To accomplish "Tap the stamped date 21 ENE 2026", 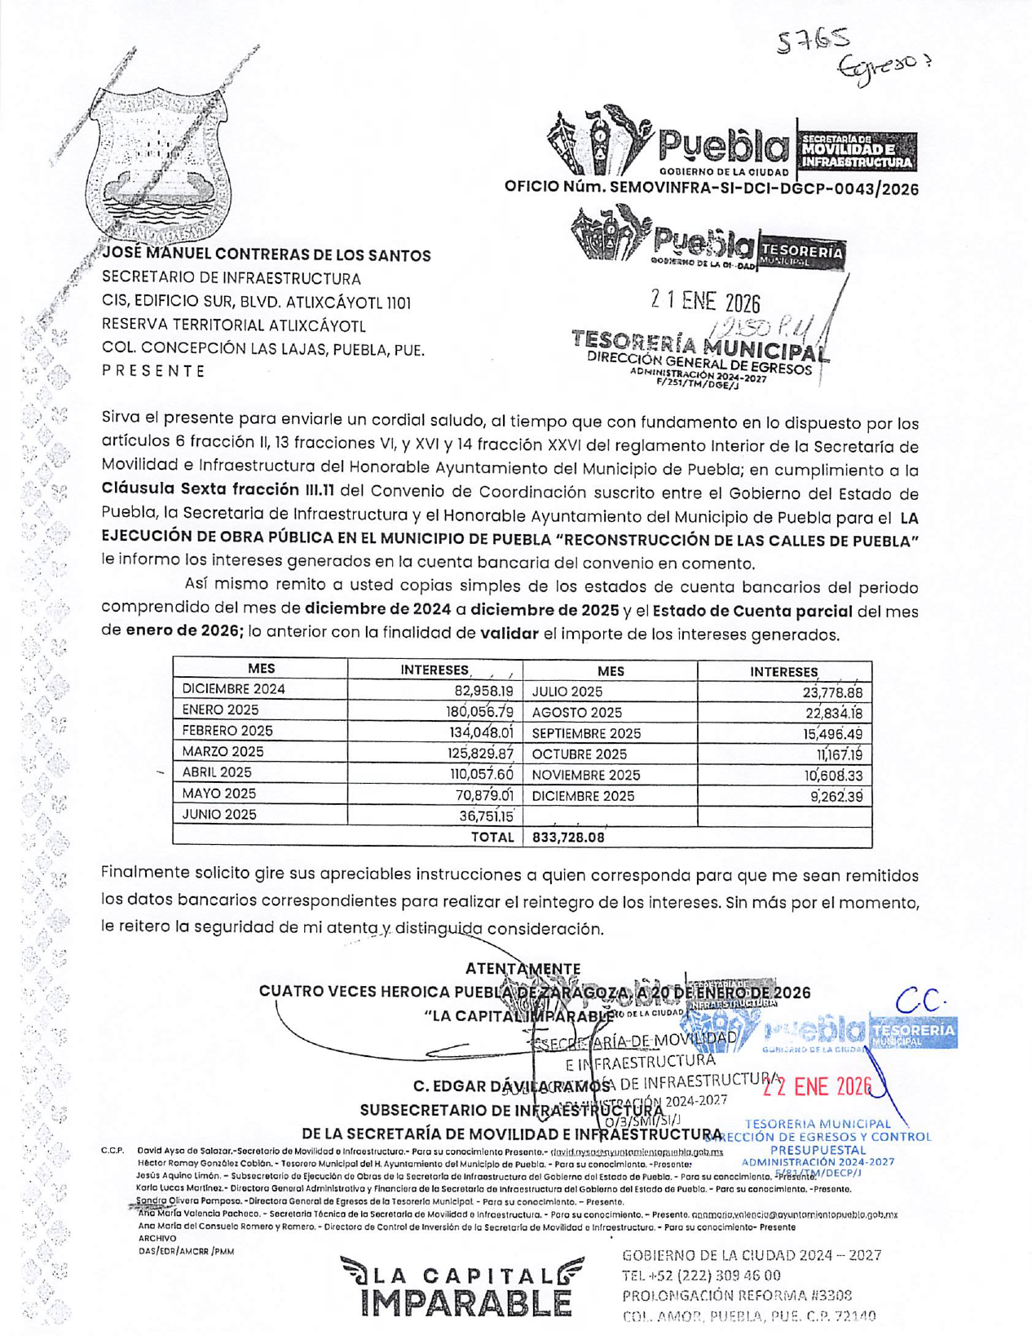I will coord(705,303).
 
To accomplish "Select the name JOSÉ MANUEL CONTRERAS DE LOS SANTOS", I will coord(267,255).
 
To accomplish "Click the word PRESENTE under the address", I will coord(153,371).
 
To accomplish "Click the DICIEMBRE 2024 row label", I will coord(234,689).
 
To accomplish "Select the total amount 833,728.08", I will coord(568,837).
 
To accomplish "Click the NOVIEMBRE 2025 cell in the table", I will coord(586,775).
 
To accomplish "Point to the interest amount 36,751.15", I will coord(486,816).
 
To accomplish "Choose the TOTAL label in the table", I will coord(492,837).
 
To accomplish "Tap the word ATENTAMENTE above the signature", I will coord(523,969).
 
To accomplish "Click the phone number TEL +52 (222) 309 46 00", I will coord(701,1275).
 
